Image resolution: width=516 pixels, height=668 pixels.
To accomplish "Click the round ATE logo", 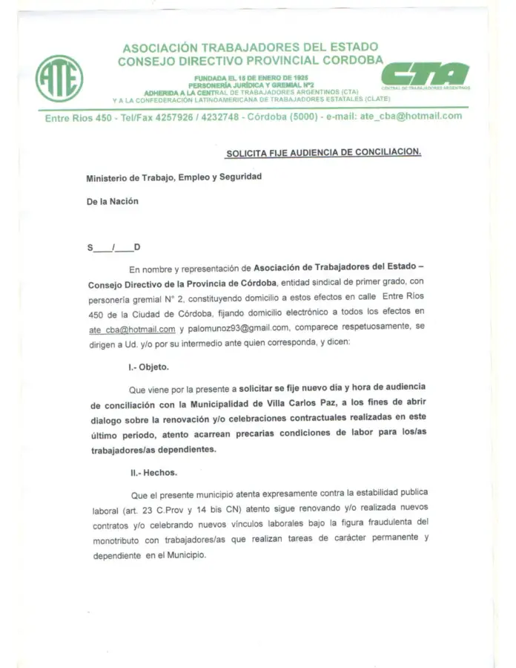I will coord(59,78).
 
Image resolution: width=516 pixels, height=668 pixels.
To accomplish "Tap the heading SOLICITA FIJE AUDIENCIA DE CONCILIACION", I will coord(323,152).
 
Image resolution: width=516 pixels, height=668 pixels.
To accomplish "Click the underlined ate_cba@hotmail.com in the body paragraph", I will coord(131,330).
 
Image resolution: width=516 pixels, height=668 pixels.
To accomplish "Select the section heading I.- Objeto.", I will coord(148,367).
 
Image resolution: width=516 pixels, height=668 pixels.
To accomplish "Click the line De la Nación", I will coord(112,200).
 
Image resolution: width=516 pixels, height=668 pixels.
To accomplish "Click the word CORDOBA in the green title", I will coord(348,60).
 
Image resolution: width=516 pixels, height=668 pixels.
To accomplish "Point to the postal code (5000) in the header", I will coord(300,117).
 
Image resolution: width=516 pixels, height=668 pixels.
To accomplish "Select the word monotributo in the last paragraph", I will coord(119,541).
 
